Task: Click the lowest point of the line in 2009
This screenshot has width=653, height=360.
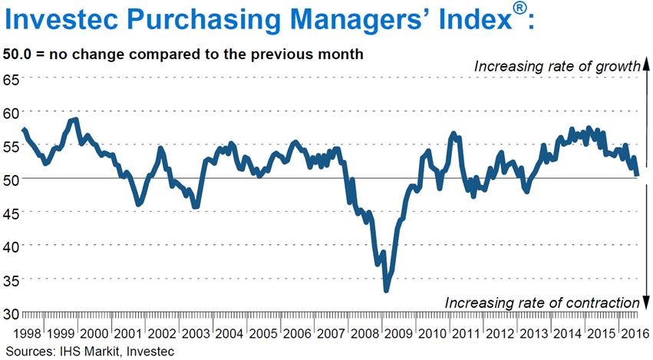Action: tap(386, 290)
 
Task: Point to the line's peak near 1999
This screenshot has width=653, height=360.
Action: tap(75, 120)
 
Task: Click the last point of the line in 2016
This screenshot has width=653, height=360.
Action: tap(637, 174)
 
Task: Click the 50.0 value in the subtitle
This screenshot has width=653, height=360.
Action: tap(18, 54)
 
